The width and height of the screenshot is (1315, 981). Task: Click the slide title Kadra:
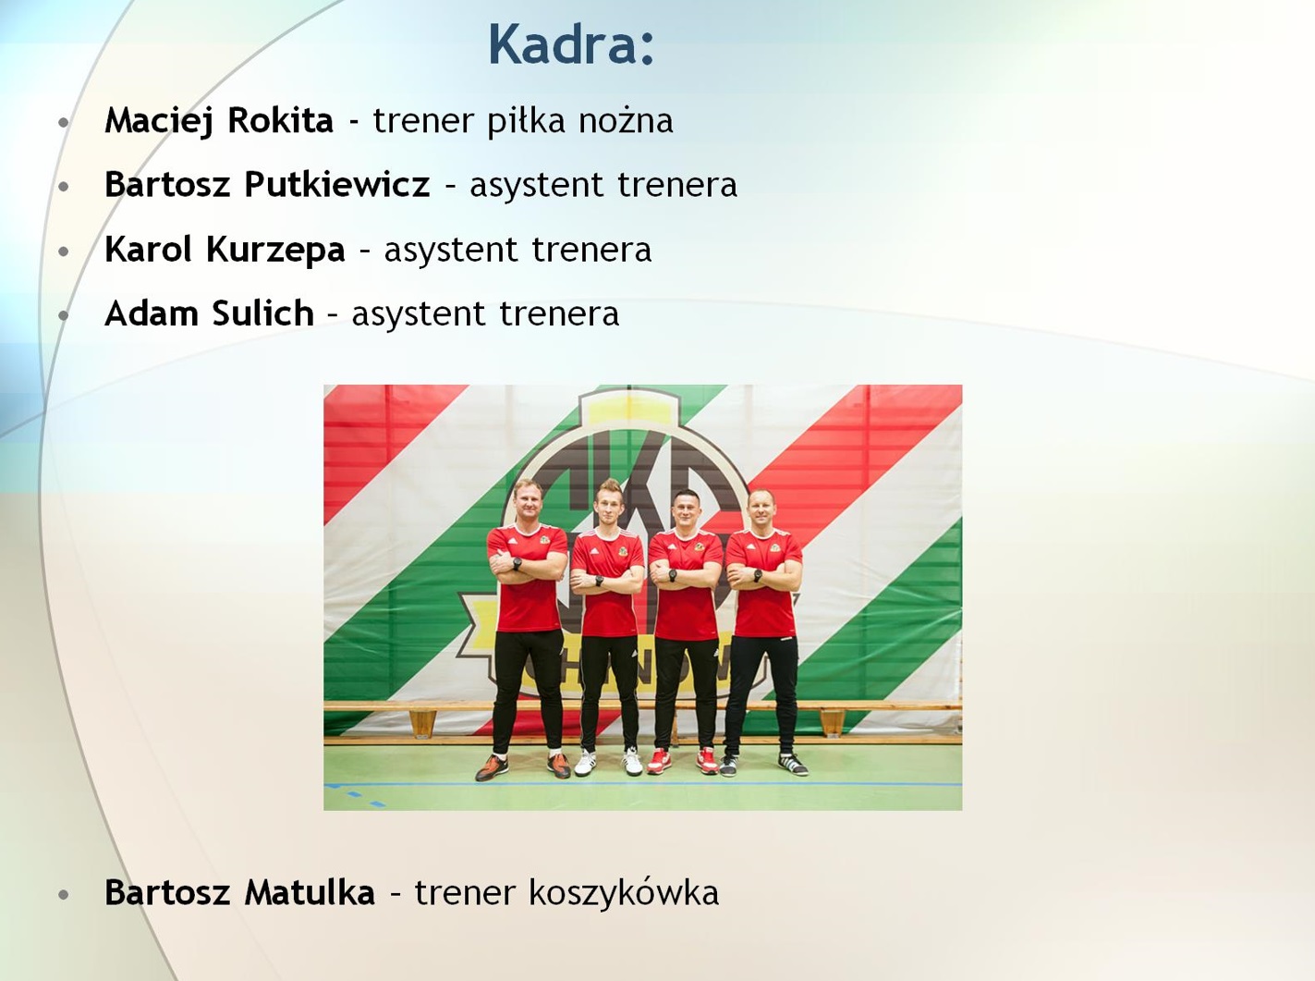(571, 44)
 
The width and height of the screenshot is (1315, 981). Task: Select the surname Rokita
(280, 120)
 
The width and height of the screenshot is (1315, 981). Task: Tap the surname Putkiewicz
(336, 184)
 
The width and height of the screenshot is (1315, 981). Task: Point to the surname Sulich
(262, 313)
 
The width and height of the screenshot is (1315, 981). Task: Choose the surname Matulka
(310, 892)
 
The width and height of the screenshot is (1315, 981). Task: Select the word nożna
(626, 120)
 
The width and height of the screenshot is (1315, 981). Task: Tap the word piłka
(526, 122)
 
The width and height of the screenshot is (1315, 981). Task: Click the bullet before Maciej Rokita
(64, 122)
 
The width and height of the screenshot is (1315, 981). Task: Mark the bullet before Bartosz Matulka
(64, 895)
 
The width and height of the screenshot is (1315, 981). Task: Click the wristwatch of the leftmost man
(517, 564)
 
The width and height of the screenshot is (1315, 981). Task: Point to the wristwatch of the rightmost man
(757, 575)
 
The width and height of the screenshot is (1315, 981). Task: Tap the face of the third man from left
(685, 512)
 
